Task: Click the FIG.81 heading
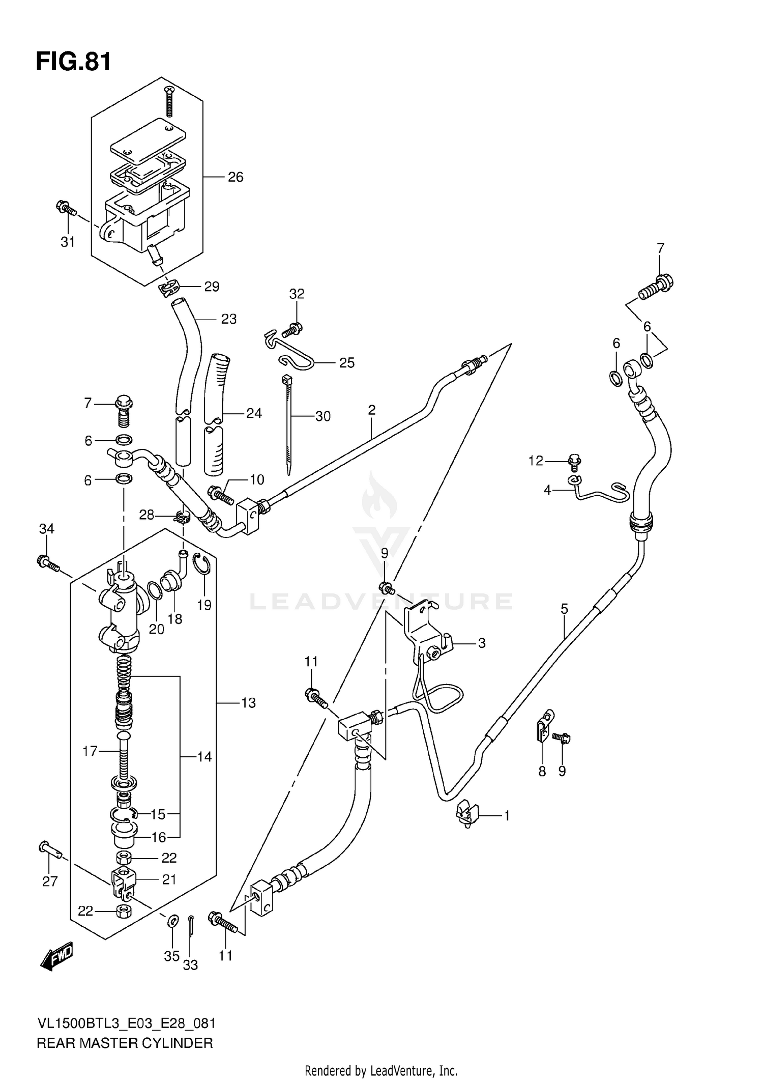click(x=73, y=62)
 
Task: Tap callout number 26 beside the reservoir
click(x=235, y=177)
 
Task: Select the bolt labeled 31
click(x=66, y=209)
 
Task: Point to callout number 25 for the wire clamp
click(x=346, y=363)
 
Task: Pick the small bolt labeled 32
click(x=293, y=330)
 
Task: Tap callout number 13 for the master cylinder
click(x=248, y=703)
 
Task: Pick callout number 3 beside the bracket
click(x=482, y=643)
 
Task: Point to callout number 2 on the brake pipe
click(x=371, y=410)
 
